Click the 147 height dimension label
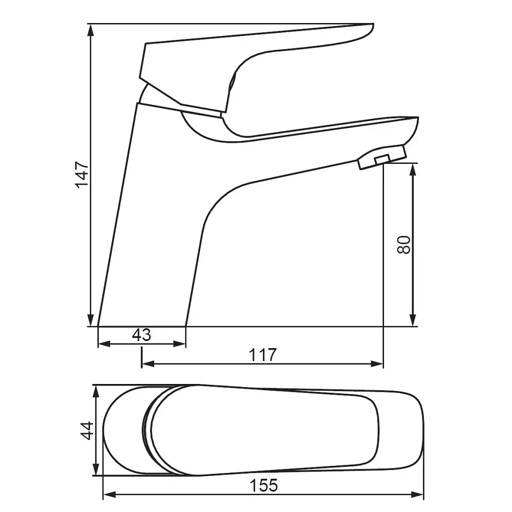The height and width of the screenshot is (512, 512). tap(82, 175)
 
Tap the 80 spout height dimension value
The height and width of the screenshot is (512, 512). tap(404, 245)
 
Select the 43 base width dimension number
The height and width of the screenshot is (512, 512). tap(142, 335)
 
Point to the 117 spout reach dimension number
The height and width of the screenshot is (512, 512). tap(263, 355)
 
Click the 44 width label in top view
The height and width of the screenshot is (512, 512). tap(87, 431)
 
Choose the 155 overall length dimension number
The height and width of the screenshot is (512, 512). tap(264, 485)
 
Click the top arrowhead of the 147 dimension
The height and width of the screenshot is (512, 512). tap(91, 30)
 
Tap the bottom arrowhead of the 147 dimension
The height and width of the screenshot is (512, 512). tap(91, 320)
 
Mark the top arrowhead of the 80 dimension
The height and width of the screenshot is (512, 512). tap(413, 170)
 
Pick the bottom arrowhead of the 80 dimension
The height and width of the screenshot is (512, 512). tap(413, 320)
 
